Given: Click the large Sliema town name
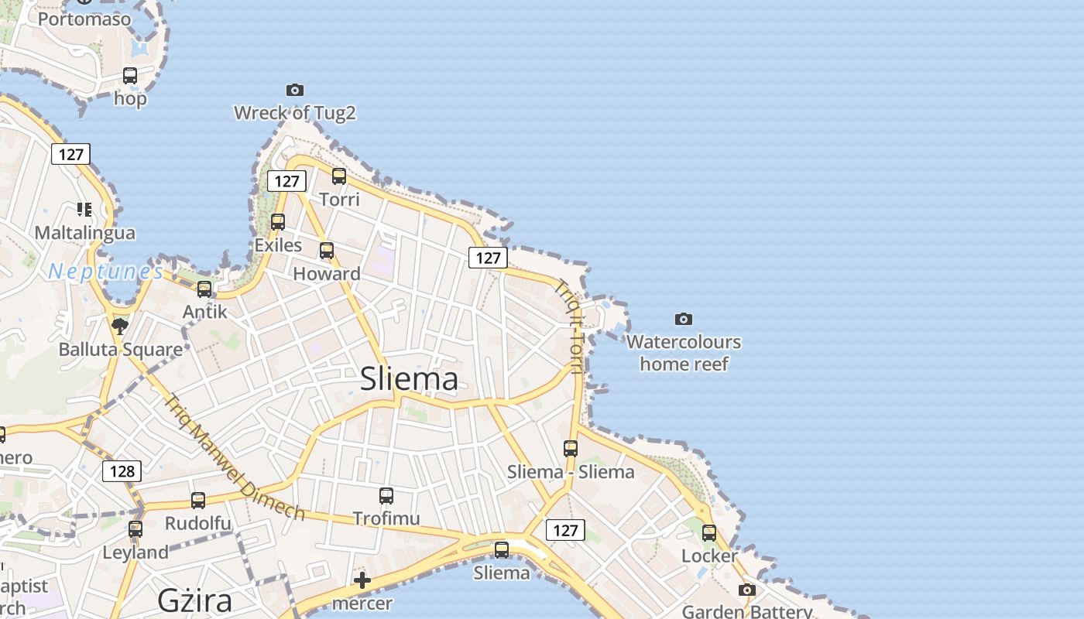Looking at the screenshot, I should pos(409,379).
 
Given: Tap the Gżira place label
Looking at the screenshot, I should pos(195,600).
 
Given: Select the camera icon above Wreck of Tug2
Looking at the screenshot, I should pos(294,91).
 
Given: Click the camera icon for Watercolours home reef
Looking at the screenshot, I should pos(683,319).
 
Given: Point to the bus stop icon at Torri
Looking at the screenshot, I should pos(339,176).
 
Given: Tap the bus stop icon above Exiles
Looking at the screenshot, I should pos(278,222).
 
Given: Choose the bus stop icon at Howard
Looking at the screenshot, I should pos(327,251).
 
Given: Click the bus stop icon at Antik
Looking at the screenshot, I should pos(204,289).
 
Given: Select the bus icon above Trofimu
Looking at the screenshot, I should pos(386,496).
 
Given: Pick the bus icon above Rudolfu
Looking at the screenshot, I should pos(198,501).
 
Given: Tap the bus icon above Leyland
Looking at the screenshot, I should pos(135,529).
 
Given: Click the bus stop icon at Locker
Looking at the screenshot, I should pos(709,532).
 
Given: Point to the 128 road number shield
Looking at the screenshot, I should pos(122,470).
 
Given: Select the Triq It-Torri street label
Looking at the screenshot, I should pos(569,325).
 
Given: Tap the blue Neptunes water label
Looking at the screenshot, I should pos(105,272).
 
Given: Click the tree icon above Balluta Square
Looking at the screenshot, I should pos(119,326).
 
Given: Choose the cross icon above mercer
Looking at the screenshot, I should pos(362,580).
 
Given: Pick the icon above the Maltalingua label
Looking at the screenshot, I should pos(84,209).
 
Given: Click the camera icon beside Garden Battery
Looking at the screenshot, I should pos(746,590).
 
